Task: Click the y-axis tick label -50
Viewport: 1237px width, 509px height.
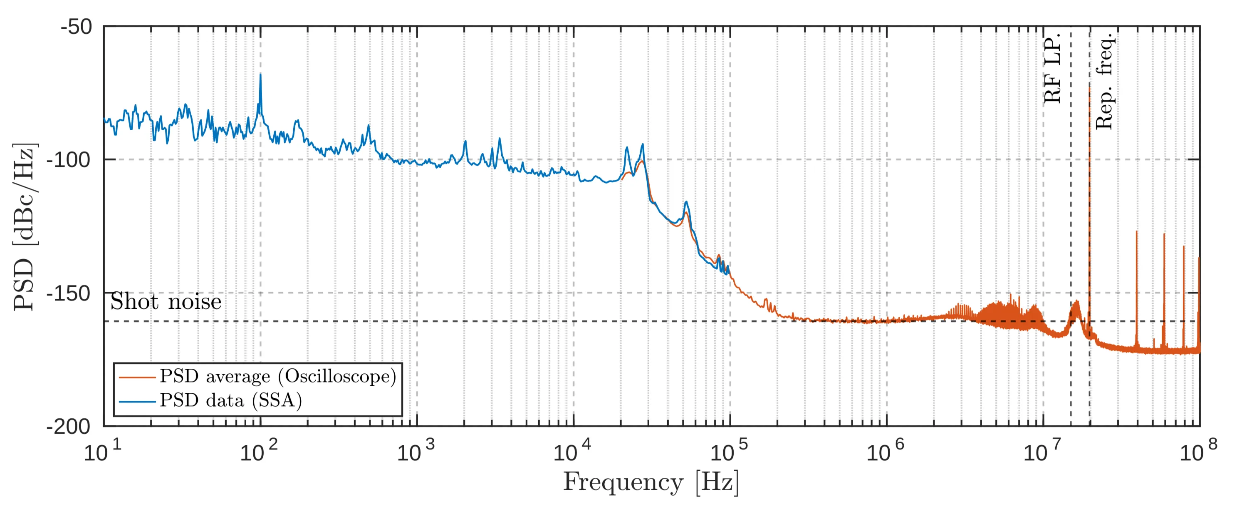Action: click(x=77, y=27)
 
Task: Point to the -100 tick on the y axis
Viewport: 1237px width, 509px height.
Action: click(x=69, y=159)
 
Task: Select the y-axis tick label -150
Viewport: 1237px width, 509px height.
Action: click(x=69, y=293)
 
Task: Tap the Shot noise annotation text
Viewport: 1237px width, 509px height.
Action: click(x=166, y=302)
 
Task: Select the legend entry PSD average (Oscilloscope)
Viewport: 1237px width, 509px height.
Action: click(x=278, y=376)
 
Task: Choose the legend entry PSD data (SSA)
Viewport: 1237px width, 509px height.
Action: click(x=231, y=400)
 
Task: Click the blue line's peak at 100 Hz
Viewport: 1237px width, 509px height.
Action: click(x=260, y=75)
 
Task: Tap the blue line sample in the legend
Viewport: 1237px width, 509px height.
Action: click(x=137, y=401)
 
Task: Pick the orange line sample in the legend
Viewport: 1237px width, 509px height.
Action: click(x=137, y=377)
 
